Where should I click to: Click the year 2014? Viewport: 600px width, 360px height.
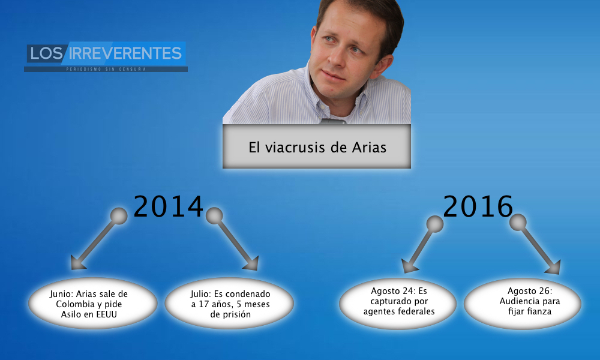pos(168,206)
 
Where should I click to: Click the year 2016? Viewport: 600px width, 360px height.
pos(478,206)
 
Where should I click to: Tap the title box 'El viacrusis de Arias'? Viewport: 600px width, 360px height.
pos(317,146)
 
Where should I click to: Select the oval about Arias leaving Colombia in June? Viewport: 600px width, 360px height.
pos(92,304)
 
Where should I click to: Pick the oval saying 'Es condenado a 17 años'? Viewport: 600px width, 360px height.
pos(229,304)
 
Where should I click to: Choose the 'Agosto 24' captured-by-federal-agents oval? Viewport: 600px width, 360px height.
pos(398,304)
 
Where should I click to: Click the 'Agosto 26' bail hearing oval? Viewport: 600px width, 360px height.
pos(523,304)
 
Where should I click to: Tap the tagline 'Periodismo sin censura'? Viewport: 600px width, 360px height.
pos(106,69)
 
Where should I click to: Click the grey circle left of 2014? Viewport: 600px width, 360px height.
pos(119,216)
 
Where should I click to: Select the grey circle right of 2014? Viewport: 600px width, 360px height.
pos(214,216)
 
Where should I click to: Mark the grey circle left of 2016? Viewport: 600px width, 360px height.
pos(434,224)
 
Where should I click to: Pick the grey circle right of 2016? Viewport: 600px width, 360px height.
pos(518,222)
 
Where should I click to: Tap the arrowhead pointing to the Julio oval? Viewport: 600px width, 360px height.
pos(252,263)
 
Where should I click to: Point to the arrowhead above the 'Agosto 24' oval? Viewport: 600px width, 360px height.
pos(409,266)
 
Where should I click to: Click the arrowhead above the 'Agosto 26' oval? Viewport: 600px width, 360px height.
pos(553,268)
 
